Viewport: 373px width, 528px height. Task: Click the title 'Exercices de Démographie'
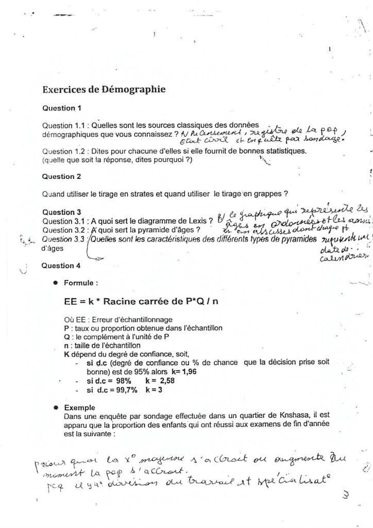tap(104, 89)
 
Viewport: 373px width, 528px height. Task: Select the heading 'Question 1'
tap(62, 108)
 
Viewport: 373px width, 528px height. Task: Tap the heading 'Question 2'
tap(62, 176)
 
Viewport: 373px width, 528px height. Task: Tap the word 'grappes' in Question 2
tap(269, 194)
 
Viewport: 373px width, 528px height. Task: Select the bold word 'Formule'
tap(81, 283)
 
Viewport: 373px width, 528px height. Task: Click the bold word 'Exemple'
tap(80, 407)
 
